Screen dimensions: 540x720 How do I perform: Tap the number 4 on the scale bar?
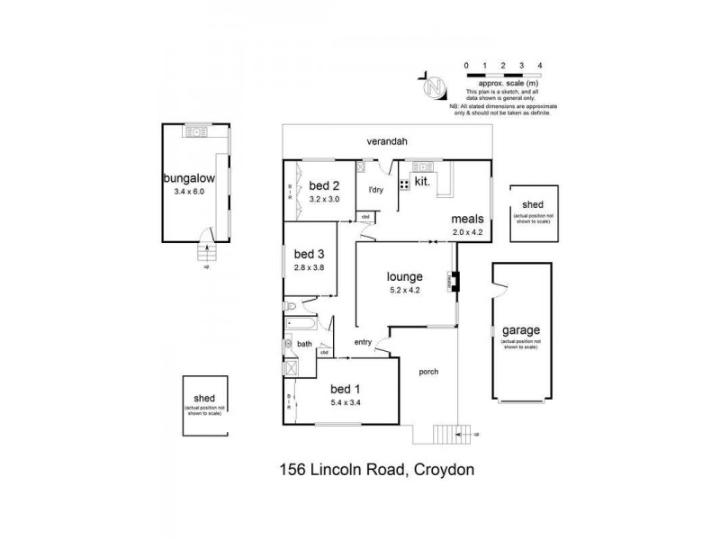click(x=538, y=67)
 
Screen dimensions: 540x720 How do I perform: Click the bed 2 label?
click(x=323, y=186)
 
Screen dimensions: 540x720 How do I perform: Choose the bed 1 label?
click(x=344, y=388)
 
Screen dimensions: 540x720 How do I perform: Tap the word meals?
click(x=469, y=219)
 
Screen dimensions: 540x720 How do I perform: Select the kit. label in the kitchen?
click(x=422, y=181)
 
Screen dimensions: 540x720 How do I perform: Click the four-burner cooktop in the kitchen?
click(x=404, y=184)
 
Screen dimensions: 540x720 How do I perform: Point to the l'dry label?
click(x=376, y=190)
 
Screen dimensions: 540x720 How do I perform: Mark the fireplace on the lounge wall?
click(x=454, y=283)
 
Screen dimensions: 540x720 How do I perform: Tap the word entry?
click(x=363, y=341)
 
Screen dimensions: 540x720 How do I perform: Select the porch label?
click(x=427, y=371)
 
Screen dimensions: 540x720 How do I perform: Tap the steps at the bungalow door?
click(x=207, y=253)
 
